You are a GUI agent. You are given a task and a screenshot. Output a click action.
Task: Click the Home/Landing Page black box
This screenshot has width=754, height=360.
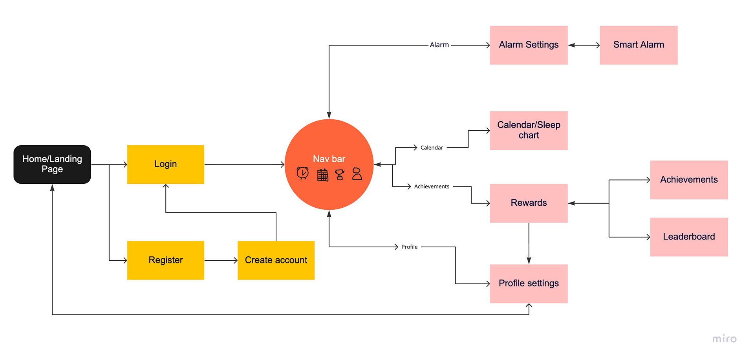[52, 164]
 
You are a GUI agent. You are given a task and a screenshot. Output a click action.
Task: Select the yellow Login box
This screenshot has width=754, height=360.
[166, 164]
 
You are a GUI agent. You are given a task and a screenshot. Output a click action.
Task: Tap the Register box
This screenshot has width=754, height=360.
[166, 260]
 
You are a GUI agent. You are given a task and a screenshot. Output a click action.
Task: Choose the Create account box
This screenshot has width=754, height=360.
[276, 260]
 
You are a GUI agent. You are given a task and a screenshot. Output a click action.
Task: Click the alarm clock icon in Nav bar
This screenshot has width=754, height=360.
[303, 173]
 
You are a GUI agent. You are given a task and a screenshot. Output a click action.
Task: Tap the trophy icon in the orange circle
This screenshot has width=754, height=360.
[340, 174]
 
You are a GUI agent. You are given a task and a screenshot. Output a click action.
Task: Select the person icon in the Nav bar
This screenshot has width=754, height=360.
[357, 174]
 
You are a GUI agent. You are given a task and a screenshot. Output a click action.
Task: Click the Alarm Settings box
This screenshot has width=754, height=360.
[529, 45]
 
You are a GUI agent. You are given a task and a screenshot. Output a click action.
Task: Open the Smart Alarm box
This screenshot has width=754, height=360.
[639, 45]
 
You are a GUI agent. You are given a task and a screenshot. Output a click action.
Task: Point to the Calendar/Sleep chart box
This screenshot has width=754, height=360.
[529, 130]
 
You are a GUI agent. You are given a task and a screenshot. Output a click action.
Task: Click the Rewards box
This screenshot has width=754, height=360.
[529, 203]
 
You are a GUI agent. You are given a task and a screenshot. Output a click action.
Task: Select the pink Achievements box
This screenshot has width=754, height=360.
[689, 180]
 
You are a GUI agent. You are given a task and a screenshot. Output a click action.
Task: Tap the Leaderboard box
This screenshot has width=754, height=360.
[689, 237]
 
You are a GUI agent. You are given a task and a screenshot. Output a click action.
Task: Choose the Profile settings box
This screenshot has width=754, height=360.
[529, 283]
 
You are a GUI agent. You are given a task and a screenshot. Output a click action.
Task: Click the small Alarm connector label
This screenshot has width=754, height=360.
[439, 45]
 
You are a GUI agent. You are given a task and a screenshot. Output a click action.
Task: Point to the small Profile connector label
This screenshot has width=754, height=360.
[409, 247]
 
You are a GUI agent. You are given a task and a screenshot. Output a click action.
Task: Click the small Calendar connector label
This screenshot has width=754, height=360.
[432, 148]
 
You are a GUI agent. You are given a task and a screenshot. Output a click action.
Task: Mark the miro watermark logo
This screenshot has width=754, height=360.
[725, 339]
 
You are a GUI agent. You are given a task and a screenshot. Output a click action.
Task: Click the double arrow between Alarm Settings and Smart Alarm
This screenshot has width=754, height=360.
[584, 45]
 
